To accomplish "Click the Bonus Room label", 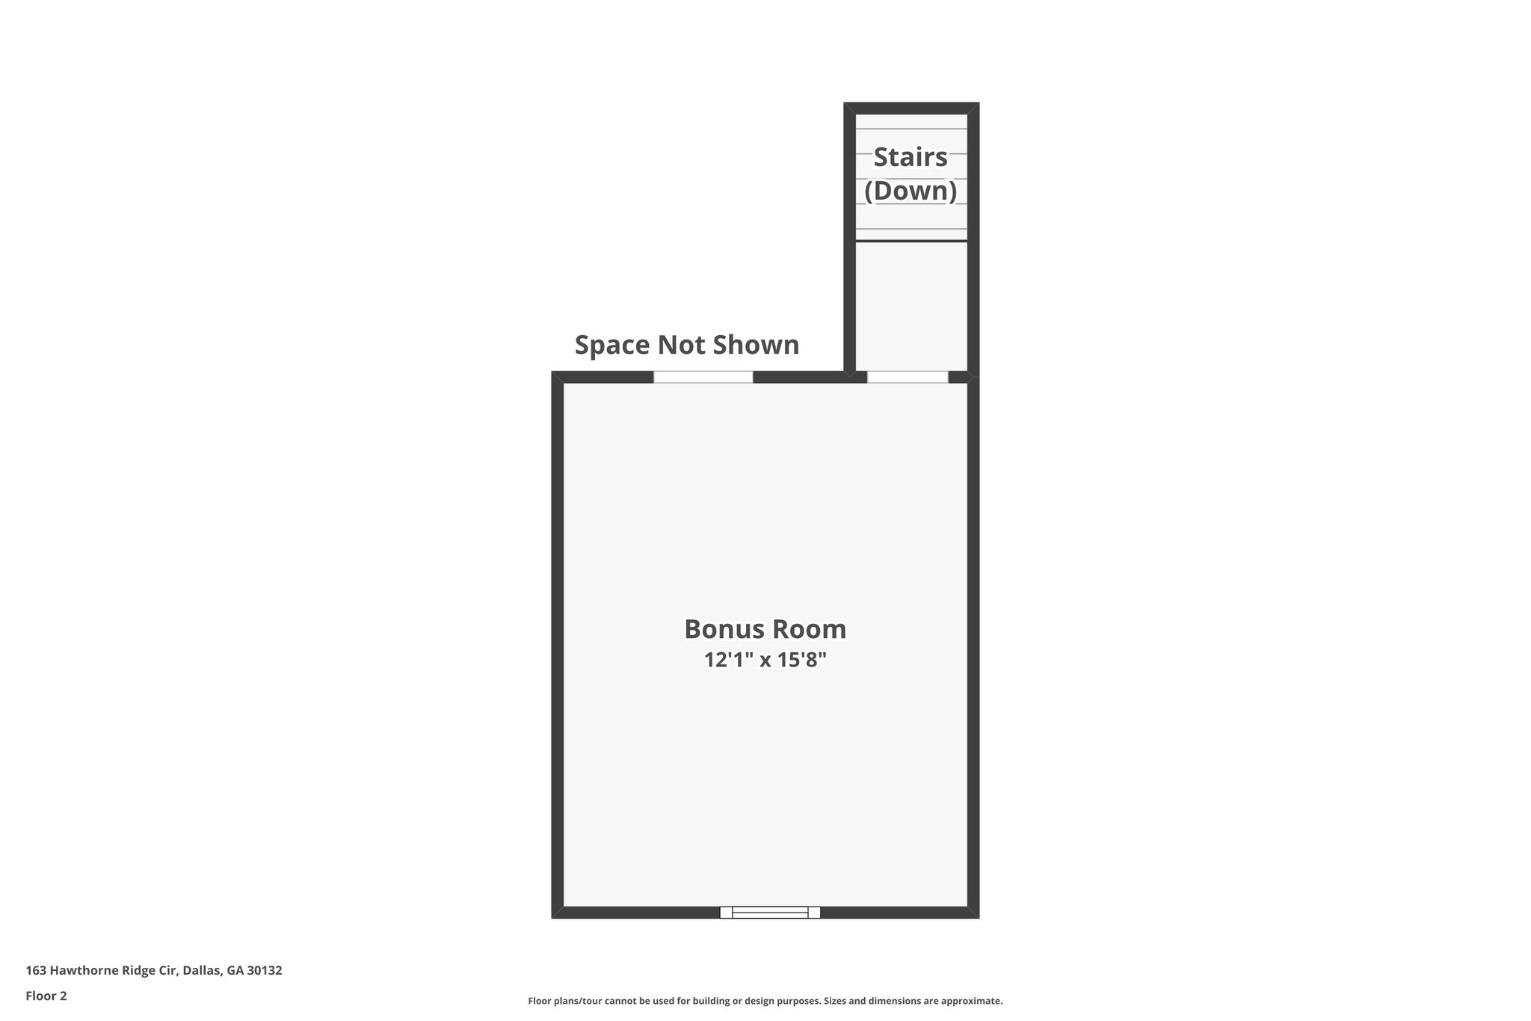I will [x=765, y=629].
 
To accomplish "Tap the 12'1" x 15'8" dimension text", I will [x=765, y=660].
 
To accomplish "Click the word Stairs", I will [x=911, y=157].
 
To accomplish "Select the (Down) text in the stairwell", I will [x=911, y=191].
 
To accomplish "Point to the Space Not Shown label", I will [x=686, y=345].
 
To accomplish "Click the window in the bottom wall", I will [x=770, y=912].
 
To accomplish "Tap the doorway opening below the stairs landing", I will [x=908, y=377].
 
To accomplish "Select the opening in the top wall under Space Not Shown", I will [x=703, y=377].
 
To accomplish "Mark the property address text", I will [x=154, y=971].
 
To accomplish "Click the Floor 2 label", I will [x=46, y=996].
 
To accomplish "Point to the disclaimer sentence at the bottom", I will [x=765, y=1001].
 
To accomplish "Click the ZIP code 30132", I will [x=265, y=971].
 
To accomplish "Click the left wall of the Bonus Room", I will [x=557, y=643].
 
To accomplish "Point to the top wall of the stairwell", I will [x=911, y=108].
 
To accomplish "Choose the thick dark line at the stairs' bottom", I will [x=911, y=241].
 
